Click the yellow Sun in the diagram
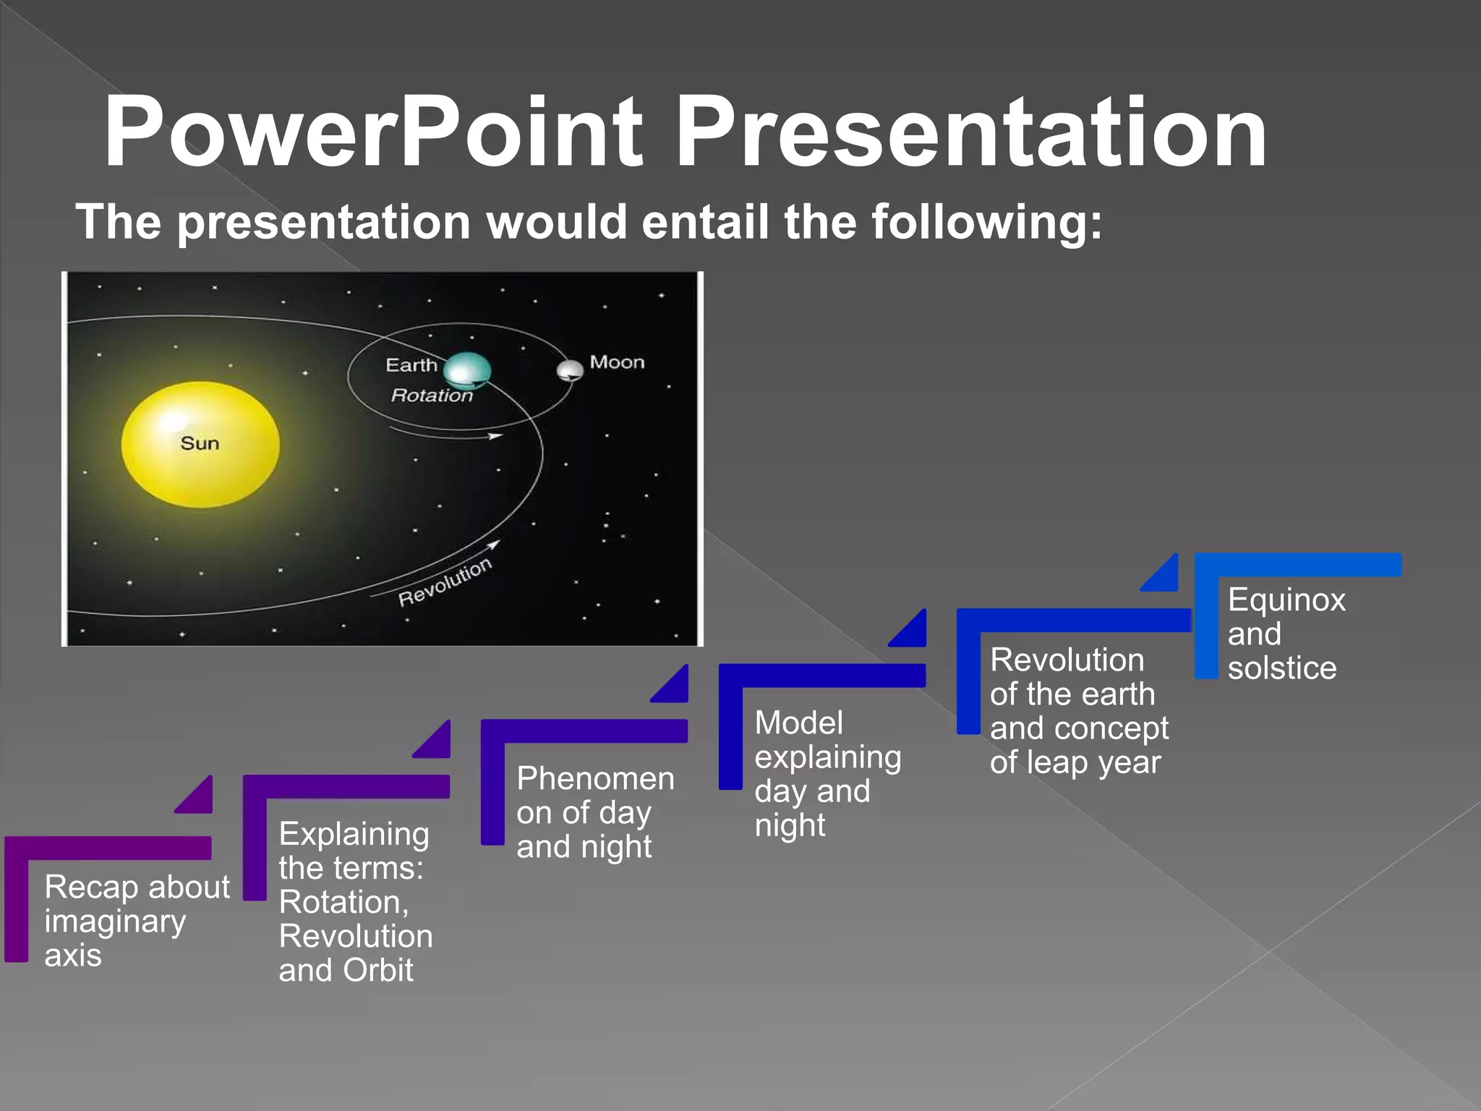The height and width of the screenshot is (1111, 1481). click(200, 444)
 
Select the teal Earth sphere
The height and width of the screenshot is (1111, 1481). click(466, 371)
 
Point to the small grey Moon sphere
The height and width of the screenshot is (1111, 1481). click(570, 370)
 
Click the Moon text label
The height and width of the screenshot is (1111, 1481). click(617, 362)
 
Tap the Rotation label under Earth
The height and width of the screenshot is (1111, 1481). click(432, 395)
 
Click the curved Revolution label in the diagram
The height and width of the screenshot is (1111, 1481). click(445, 582)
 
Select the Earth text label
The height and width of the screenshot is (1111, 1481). click(411, 365)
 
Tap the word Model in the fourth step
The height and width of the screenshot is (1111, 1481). click(798, 723)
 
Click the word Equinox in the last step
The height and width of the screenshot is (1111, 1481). click(1286, 600)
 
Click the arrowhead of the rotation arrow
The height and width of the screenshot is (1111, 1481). click(495, 435)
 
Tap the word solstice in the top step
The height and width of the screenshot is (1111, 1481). click(1281, 668)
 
